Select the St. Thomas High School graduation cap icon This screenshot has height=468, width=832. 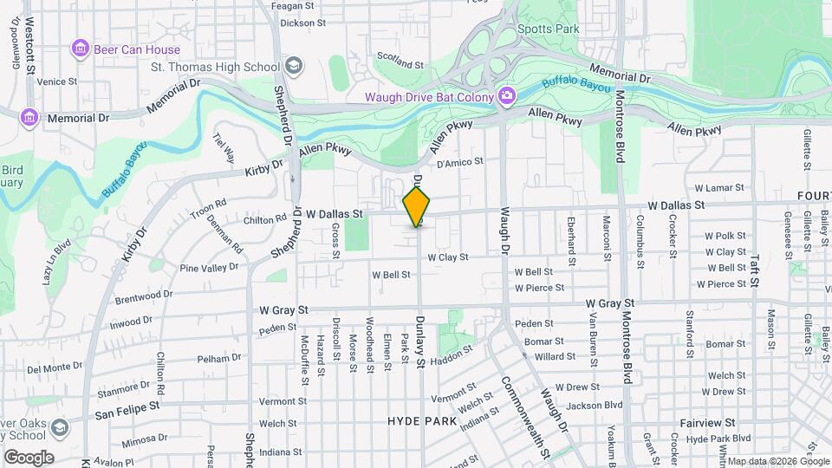pyautogui.click(x=293, y=67)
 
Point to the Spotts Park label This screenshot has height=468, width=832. pyautogui.click(x=547, y=28)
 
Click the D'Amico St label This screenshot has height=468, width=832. pyautogui.click(x=459, y=161)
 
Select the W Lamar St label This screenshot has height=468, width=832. pyautogui.click(x=719, y=188)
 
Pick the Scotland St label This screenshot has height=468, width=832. pyautogui.click(x=400, y=65)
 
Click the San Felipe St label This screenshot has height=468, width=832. pyautogui.click(x=127, y=404)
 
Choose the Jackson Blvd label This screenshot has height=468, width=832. pyautogui.click(x=595, y=405)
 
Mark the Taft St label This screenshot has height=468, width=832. pyautogui.click(x=756, y=266)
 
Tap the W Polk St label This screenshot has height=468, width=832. pyautogui.click(x=725, y=236)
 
